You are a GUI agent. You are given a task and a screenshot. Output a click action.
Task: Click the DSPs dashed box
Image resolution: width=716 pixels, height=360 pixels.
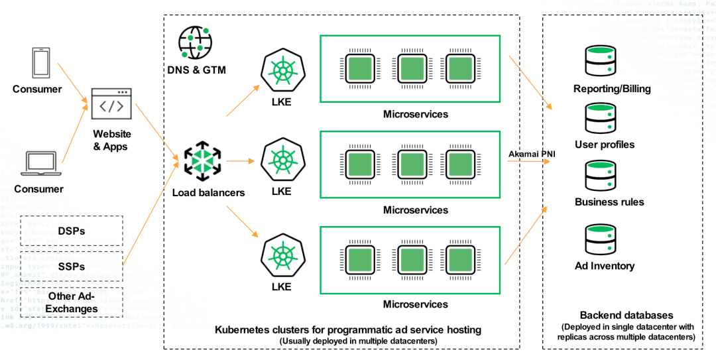(72, 231)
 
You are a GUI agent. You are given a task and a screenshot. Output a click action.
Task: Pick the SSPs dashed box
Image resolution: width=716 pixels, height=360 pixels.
(72, 266)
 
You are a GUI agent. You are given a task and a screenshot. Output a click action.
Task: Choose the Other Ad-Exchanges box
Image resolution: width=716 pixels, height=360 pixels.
(72, 302)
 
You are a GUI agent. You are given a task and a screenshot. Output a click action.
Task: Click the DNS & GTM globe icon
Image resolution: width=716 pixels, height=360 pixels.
(195, 42)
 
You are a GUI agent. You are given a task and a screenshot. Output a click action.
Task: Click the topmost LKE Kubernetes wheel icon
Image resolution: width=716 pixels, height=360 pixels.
(281, 71)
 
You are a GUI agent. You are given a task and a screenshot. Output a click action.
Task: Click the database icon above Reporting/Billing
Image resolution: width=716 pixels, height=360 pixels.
(602, 61)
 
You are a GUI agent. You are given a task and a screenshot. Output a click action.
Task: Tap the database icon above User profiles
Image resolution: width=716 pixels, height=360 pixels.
(602, 118)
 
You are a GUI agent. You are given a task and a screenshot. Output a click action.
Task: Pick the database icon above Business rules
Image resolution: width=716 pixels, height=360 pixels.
(602, 175)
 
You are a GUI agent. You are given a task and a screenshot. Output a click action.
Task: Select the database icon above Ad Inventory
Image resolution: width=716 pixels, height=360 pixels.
(602, 239)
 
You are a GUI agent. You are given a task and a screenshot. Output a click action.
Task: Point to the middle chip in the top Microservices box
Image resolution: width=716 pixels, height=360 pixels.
(410, 69)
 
